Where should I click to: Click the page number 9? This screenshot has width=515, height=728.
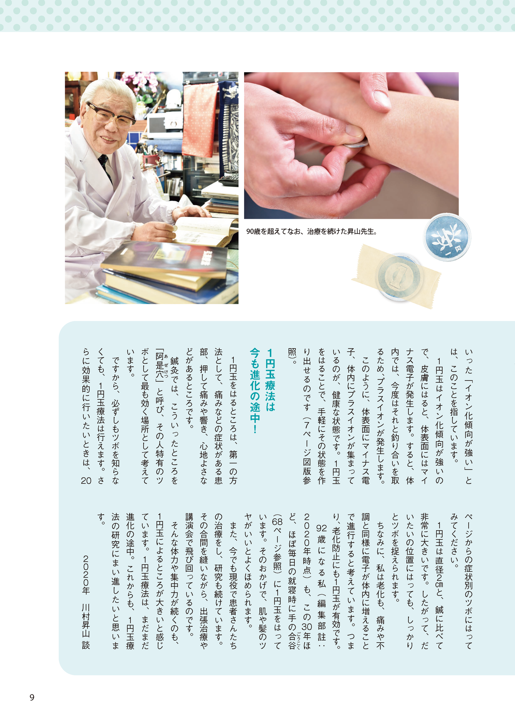pos(32,697)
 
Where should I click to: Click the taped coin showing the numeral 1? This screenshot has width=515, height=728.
pos(399,277)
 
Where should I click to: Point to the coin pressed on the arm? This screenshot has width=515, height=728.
pos(356,144)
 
